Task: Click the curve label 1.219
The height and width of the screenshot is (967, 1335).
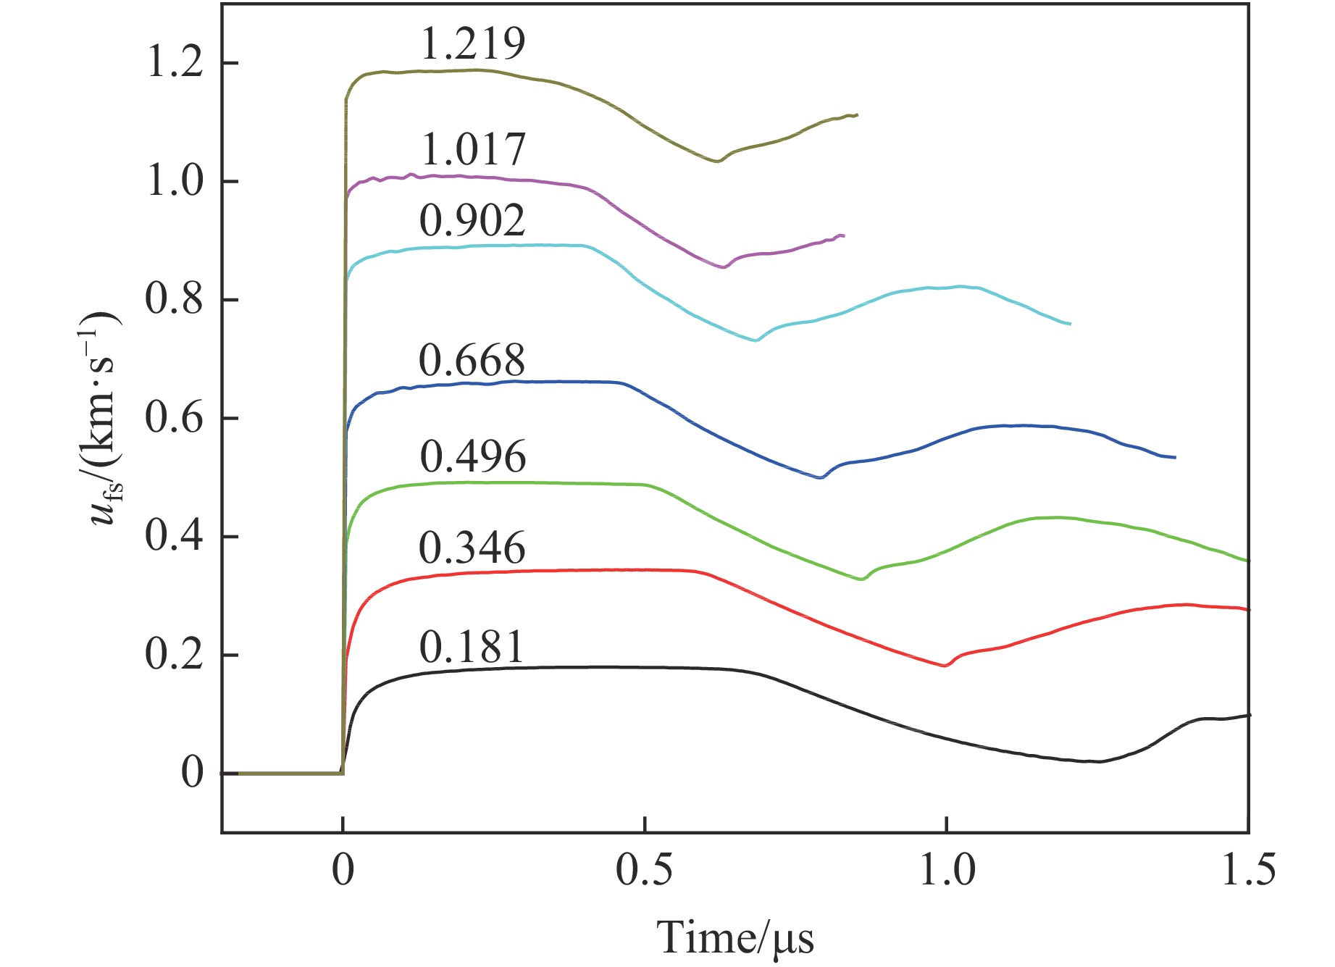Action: [472, 44]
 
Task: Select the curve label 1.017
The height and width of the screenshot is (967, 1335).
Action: [472, 150]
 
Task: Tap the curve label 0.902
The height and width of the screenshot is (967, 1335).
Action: [472, 220]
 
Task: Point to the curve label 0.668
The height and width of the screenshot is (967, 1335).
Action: [472, 360]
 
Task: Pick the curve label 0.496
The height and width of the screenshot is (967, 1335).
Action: [472, 456]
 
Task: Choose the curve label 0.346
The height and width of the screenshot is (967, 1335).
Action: [472, 548]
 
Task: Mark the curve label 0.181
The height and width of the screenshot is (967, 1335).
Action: [472, 648]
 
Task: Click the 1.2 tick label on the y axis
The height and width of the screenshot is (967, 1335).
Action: [174, 63]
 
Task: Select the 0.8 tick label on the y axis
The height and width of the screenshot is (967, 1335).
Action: [174, 299]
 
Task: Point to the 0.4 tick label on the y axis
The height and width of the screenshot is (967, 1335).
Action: [174, 536]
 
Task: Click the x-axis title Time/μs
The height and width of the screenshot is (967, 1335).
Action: [735, 938]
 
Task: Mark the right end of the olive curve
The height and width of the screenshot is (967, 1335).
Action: [857, 114]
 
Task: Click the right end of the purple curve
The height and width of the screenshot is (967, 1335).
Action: [843, 235]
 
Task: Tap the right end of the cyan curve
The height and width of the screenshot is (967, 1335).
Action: [1070, 324]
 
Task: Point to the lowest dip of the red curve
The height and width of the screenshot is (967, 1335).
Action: [945, 666]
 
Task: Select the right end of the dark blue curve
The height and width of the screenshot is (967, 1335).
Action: [1175, 458]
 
